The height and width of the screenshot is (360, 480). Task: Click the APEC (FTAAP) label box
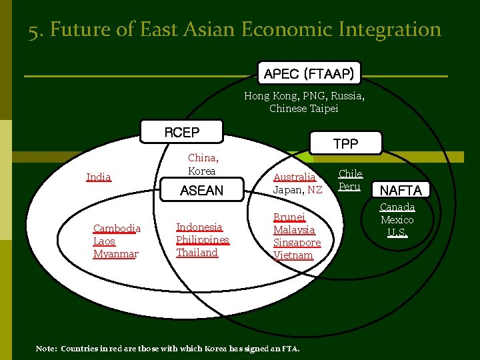(x=308, y=73)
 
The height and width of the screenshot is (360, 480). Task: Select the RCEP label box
(x=181, y=132)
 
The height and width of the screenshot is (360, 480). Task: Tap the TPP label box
(x=345, y=143)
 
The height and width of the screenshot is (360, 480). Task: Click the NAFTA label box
(x=401, y=191)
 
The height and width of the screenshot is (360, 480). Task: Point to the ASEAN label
(x=201, y=191)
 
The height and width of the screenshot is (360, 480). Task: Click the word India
(x=99, y=177)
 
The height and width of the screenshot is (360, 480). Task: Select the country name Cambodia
(x=117, y=229)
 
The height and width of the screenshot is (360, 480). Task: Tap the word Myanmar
(x=116, y=254)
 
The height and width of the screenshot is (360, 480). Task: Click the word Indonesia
(x=199, y=227)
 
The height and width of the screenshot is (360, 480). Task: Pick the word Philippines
(x=203, y=240)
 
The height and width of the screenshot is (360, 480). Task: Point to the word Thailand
(x=197, y=253)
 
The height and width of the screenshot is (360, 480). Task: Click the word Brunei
(x=289, y=217)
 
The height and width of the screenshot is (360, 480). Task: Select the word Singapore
(x=297, y=243)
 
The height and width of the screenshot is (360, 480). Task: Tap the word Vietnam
(x=293, y=255)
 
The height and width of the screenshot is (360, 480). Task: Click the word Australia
(x=294, y=177)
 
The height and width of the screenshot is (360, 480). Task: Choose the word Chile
(x=351, y=174)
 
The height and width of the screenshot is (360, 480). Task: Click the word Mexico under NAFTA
(x=397, y=220)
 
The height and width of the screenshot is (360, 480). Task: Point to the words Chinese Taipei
(x=304, y=108)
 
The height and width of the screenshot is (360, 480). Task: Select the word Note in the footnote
(x=46, y=349)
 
